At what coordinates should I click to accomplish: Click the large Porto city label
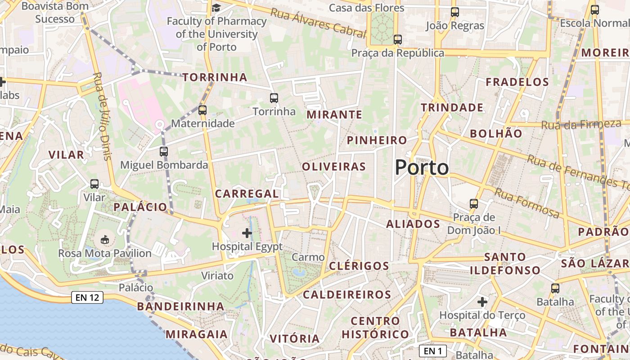(422, 168)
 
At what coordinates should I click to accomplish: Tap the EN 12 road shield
(87, 297)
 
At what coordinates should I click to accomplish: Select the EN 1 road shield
(432, 351)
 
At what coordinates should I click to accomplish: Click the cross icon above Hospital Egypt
(247, 233)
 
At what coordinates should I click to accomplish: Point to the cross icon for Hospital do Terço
(482, 301)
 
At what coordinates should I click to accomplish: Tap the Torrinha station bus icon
(274, 98)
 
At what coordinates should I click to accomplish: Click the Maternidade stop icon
(202, 110)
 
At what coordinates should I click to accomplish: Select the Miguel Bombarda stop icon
(164, 152)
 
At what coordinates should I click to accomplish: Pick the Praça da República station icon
(397, 39)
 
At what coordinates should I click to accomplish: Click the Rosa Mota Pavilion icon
(105, 239)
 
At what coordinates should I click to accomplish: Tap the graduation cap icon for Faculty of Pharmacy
(216, 8)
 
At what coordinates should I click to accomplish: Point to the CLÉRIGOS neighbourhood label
(359, 265)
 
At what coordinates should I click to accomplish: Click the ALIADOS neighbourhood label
(413, 224)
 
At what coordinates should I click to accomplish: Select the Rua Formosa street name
(527, 203)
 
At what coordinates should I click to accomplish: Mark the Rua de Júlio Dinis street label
(102, 116)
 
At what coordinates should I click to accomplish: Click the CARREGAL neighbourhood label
(247, 193)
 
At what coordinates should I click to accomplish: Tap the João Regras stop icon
(455, 12)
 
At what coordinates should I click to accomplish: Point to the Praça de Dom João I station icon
(474, 203)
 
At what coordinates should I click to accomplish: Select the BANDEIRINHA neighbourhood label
(180, 306)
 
